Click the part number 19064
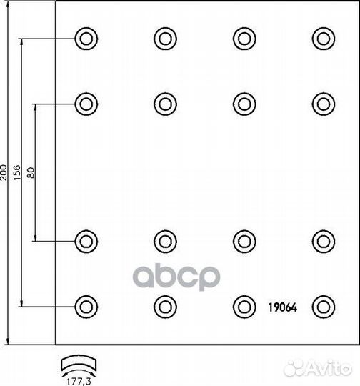(x=282, y=307)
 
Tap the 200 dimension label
(x=4, y=173)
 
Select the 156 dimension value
(x=17, y=173)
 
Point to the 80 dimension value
(x=31, y=173)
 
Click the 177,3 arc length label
(x=79, y=381)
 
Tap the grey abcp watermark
(x=176, y=277)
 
